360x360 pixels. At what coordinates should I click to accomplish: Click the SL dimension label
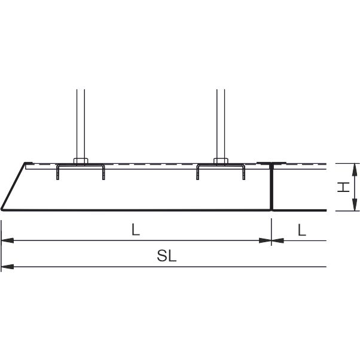point(167,256)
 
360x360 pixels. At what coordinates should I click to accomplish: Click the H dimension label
point(343,187)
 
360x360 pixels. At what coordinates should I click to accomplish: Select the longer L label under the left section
point(136,230)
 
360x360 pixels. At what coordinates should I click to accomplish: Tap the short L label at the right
point(302,230)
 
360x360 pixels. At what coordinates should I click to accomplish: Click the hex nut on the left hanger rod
point(81,161)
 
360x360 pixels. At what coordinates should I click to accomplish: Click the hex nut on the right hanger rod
point(221,161)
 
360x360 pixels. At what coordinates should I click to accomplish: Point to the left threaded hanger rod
point(81,124)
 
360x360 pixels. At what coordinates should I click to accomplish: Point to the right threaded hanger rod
point(221,124)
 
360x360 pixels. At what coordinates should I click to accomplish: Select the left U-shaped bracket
point(81,165)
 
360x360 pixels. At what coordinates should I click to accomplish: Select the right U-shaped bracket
point(221,165)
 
